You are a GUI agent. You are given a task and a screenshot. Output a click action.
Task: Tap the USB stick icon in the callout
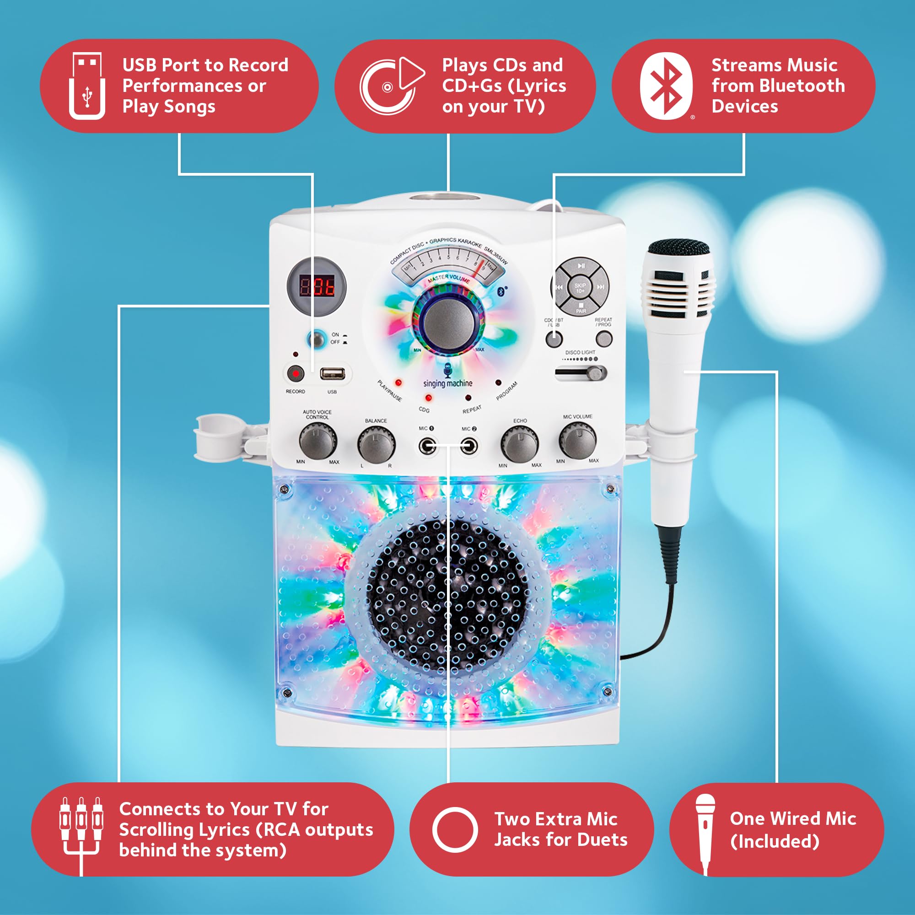click(x=87, y=86)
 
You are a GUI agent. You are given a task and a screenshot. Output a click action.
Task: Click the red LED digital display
click(x=317, y=286)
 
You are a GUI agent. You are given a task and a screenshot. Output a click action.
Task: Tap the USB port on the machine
click(x=333, y=374)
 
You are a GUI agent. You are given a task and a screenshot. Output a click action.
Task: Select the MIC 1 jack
click(x=427, y=446)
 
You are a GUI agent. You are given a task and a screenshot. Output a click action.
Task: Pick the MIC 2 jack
click(x=469, y=446)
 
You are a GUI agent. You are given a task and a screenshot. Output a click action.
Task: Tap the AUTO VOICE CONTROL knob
click(x=318, y=441)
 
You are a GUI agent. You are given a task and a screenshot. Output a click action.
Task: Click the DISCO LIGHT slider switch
click(x=581, y=373)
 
